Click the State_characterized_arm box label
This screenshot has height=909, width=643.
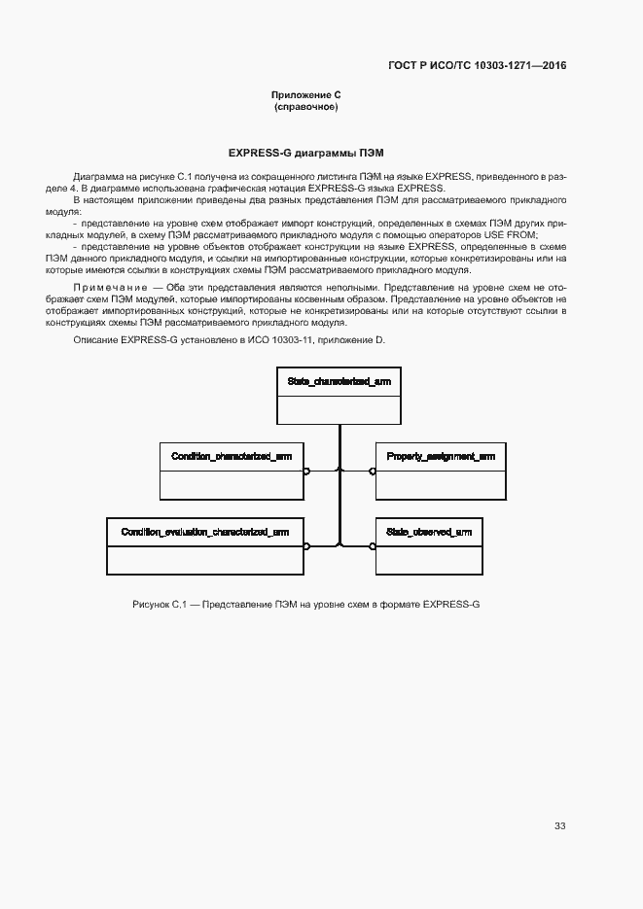tap(339, 382)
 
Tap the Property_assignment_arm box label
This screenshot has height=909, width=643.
tap(441, 456)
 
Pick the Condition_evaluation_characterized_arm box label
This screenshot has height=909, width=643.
tap(204, 532)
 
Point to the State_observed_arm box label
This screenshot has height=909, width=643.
tap(429, 532)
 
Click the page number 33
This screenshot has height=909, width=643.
tap(559, 825)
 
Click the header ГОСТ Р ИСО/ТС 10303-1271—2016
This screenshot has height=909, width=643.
tap(477, 66)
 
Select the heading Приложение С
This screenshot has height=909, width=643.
tap(305, 94)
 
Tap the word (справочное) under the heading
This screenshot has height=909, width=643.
tap(305, 107)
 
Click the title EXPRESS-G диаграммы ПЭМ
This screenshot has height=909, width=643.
tap(305, 153)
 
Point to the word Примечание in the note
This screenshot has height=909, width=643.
tap(106, 289)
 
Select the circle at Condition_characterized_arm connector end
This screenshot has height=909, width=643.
tap(305, 471)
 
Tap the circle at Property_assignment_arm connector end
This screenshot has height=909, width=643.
tap(372, 471)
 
